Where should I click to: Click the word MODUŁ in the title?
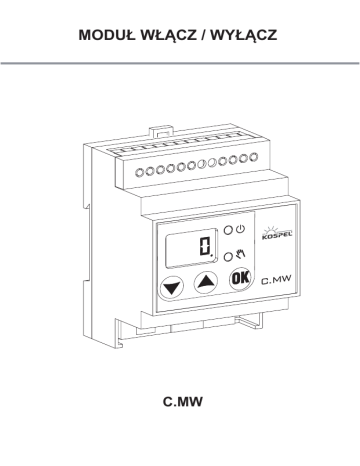pyautogui.click(x=107, y=35)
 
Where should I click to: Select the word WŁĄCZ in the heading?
pyautogui.click(x=168, y=36)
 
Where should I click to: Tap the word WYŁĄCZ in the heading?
pyautogui.click(x=244, y=36)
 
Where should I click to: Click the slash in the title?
pyautogui.click(x=204, y=35)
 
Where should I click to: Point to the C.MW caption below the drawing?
pyautogui.click(x=182, y=402)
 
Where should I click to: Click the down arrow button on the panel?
pyautogui.click(x=172, y=287)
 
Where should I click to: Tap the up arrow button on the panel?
pyautogui.click(x=206, y=282)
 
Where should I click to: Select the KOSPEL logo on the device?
pyautogui.click(x=276, y=233)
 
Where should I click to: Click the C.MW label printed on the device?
pyautogui.click(x=276, y=279)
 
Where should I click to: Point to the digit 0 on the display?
pyautogui.click(x=204, y=247)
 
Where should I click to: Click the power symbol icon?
pyautogui.click(x=240, y=229)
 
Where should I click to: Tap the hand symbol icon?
pyautogui.click(x=241, y=254)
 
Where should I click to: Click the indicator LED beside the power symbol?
pyautogui.click(x=228, y=230)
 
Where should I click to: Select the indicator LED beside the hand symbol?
pyautogui.click(x=228, y=257)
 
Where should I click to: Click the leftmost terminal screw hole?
pyautogui.click(x=140, y=172)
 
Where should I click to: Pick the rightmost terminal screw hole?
pyautogui.click(x=254, y=157)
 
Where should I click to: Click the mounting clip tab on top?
pyautogui.click(x=160, y=131)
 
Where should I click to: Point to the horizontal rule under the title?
pyautogui.click(x=180, y=63)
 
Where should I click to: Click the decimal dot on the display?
pyautogui.click(x=212, y=256)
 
